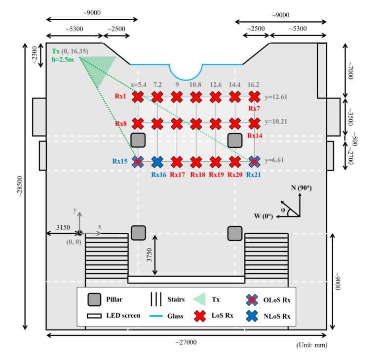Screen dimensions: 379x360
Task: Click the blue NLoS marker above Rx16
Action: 157,162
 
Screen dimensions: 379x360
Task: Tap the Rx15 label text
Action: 120,161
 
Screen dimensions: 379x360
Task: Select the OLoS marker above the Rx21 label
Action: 254,162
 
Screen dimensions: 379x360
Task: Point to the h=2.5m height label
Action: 63,60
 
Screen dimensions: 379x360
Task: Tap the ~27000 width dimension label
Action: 186,342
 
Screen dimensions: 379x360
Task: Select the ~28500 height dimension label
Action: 20,186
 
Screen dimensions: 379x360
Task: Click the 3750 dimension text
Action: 150,254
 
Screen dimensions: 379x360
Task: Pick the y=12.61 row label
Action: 276,97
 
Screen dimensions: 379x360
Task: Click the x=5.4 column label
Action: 139,84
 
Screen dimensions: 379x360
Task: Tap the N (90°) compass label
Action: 301,188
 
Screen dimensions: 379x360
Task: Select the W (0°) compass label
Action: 264,216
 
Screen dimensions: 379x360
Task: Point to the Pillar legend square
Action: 94,300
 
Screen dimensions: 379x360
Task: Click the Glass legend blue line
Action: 156,316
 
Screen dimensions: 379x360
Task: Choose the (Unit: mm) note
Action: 312,345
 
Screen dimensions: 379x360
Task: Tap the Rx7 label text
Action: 254,108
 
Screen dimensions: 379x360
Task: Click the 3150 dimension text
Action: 63,227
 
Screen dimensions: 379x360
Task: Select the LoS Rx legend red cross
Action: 200,316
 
